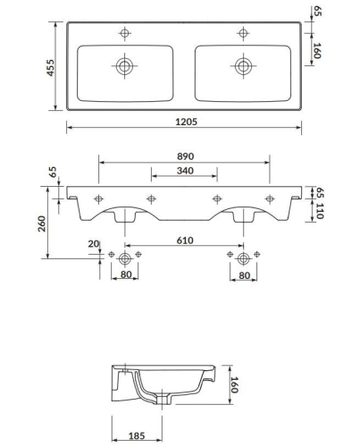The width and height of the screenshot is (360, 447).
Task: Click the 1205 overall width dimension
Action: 185,122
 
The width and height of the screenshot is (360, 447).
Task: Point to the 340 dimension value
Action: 185,170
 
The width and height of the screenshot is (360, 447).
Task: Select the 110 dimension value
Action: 319,212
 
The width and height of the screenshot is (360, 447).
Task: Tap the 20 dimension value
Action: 94,244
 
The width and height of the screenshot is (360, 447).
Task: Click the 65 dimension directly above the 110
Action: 319,191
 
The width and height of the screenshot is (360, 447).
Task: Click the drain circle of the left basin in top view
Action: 123,65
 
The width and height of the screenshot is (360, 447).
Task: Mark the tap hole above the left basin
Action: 123,33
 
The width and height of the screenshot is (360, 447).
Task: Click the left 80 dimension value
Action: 125,276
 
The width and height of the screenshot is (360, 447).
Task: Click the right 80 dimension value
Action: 243,276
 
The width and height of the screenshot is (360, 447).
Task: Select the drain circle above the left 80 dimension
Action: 125,257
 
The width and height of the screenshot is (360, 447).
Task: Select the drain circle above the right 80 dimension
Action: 243,257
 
